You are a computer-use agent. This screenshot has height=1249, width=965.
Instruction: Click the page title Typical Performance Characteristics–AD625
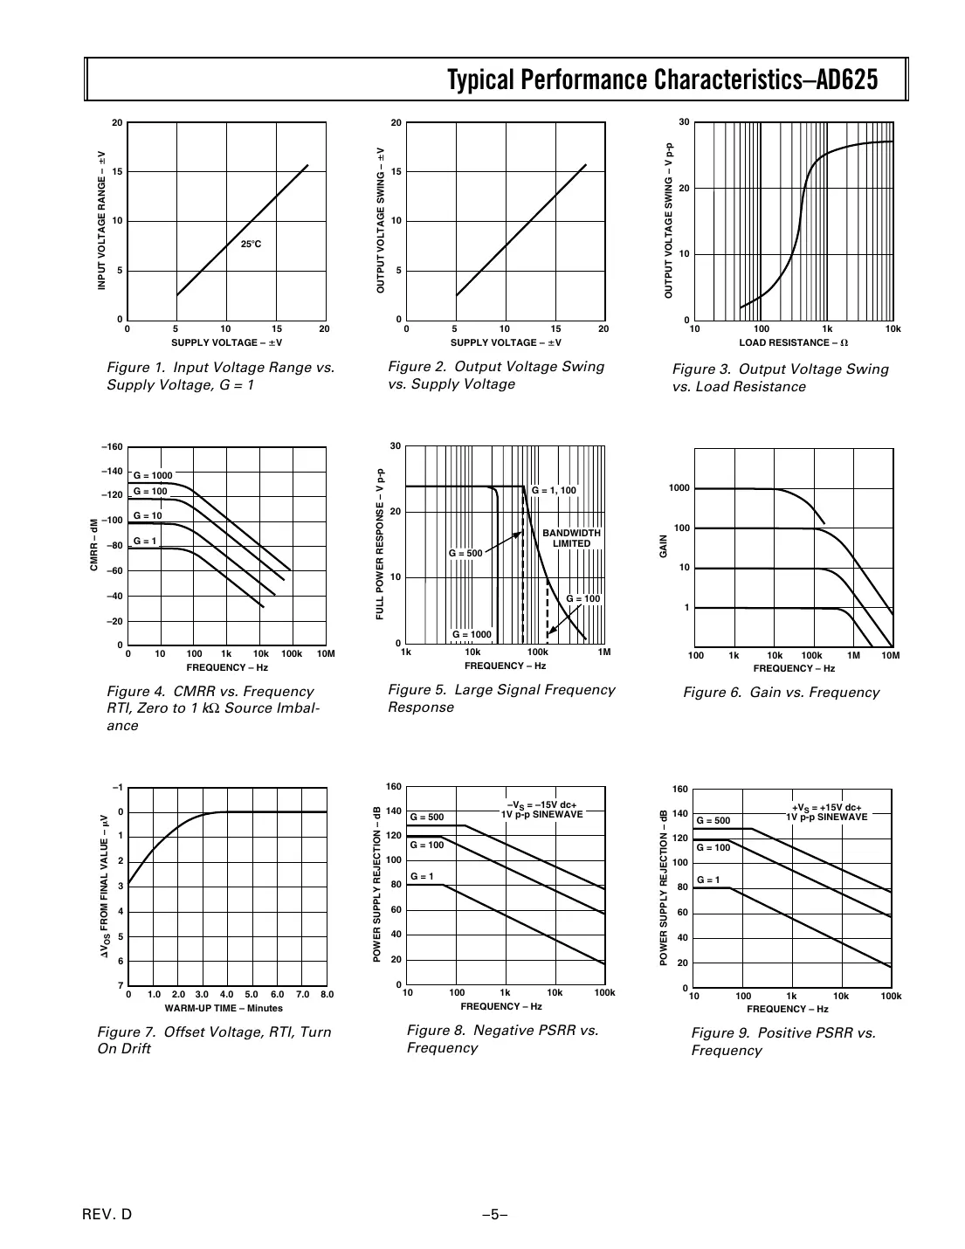(662, 80)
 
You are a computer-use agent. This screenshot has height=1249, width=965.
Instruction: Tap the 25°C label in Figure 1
(252, 244)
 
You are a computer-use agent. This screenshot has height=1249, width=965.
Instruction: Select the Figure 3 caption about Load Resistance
(780, 377)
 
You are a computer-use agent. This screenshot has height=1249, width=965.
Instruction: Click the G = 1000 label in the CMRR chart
(153, 475)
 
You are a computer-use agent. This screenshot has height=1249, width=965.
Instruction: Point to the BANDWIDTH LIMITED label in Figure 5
(571, 538)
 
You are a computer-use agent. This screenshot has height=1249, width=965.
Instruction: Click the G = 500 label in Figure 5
(465, 553)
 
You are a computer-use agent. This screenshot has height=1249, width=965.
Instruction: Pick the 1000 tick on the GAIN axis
(679, 488)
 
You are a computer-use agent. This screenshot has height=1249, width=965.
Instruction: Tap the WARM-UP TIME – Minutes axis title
(224, 1008)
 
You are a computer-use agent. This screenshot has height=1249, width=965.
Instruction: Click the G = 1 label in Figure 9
(708, 880)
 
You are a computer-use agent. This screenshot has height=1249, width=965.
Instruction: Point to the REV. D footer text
(107, 1214)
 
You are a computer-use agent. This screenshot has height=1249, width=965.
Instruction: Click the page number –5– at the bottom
(494, 1214)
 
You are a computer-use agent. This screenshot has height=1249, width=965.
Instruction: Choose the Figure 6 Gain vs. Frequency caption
(781, 693)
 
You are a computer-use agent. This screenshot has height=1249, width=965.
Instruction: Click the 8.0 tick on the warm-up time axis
(327, 994)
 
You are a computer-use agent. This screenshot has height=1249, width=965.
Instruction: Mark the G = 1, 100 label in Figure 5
(554, 491)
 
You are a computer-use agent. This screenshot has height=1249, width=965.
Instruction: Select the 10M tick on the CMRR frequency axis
(325, 653)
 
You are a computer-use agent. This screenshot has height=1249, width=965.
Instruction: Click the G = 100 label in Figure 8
(427, 845)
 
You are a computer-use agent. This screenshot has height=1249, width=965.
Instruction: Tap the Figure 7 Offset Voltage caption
(214, 1040)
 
